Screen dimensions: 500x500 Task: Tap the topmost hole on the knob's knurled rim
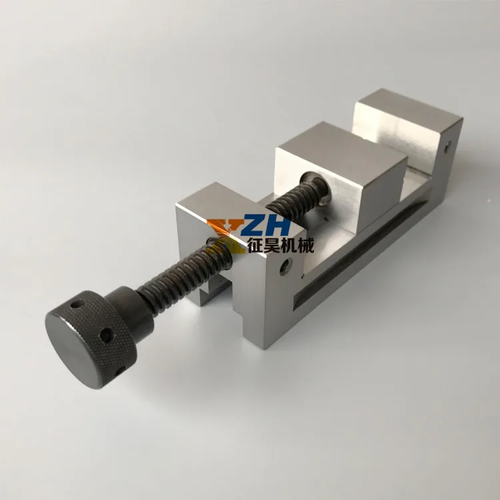click(x=76, y=305)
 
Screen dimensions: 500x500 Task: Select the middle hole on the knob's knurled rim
click(x=106, y=335)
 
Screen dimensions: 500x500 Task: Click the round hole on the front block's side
click(x=286, y=267)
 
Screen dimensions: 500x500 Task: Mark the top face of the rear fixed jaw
click(x=408, y=110)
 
